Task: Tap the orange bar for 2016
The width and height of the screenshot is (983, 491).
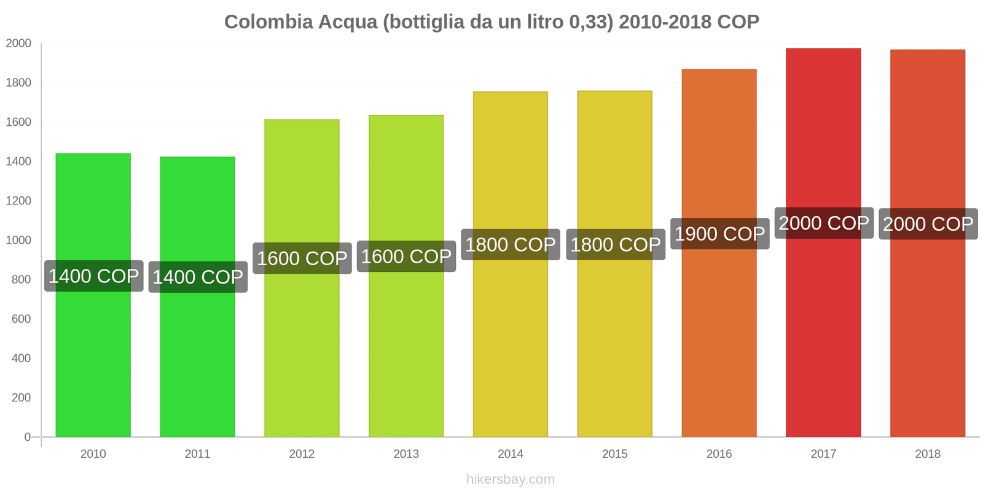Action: (719, 344)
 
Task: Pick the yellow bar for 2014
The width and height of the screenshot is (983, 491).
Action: (510, 350)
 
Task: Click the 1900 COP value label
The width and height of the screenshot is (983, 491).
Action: (719, 234)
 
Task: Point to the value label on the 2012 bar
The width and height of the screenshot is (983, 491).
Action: (302, 258)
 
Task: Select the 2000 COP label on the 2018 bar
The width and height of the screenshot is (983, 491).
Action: (928, 224)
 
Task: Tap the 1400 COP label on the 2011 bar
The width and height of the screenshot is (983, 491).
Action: (198, 277)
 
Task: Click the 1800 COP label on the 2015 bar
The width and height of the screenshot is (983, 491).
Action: (615, 245)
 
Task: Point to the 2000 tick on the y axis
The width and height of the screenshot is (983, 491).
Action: (18, 44)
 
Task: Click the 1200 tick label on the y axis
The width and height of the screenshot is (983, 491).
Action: (18, 201)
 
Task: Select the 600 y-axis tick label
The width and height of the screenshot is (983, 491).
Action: (21, 319)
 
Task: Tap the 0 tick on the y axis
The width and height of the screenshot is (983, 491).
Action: (27, 437)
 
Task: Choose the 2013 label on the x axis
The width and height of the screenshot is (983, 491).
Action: (406, 454)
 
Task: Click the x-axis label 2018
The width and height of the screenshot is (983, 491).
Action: (928, 454)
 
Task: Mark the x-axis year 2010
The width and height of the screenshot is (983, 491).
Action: (93, 454)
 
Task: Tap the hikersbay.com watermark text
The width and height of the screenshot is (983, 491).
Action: (510, 479)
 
